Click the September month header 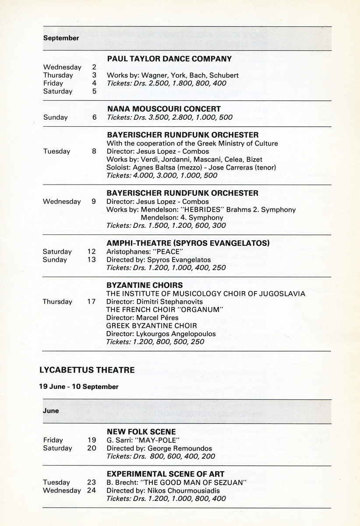(61, 38)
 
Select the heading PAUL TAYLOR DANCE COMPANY (169, 59)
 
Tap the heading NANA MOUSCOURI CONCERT (164, 109)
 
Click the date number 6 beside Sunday (94, 117)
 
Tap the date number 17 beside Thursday (91, 302)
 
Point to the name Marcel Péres (156, 318)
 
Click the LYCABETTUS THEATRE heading (87, 370)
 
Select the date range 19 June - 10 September (79, 387)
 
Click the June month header (51, 411)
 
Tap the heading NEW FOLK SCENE (141, 432)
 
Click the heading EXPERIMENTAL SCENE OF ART (166, 474)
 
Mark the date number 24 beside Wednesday (91, 490)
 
